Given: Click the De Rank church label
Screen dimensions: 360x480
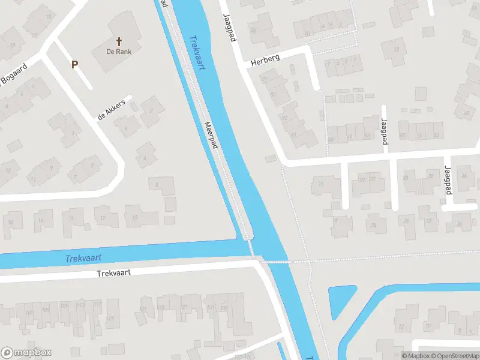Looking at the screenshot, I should click(119, 52).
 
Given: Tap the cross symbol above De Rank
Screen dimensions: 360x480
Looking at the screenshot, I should click(119, 41).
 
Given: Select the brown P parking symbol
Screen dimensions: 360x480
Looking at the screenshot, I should click(75, 64).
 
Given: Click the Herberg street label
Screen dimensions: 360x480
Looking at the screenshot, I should click(265, 61).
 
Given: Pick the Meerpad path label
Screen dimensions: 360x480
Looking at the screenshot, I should click(211, 136).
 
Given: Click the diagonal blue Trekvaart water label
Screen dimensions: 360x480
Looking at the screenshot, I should click(197, 53).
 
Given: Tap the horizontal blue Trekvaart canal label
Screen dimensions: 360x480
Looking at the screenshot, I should click(83, 258).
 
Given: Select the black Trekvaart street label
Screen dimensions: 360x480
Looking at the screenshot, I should click(113, 272).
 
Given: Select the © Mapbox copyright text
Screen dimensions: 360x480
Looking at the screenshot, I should click(413, 356).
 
